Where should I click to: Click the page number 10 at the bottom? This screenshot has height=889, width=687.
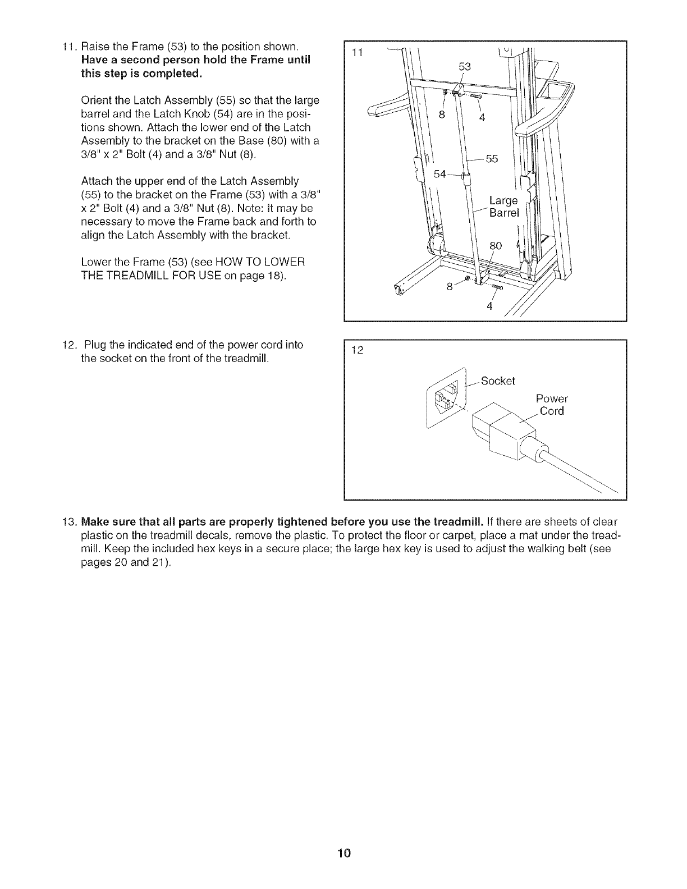pyautogui.click(x=344, y=854)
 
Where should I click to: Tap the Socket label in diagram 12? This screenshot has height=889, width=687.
pyautogui.click(x=498, y=381)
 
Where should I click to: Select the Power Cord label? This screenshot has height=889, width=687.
pyautogui.click(x=551, y=405)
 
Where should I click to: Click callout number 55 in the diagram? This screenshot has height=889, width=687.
pyautogui.click(x=492, y=159)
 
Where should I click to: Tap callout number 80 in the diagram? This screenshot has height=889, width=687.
pyautogui.click(x=496, y=245)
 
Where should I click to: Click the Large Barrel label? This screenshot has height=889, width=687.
pyautogui.click(x=503, y=207)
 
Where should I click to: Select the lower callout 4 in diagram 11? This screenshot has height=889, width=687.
pyautogui.click(x=489, y=305)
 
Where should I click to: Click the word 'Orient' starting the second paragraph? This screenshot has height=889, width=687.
pyautogui.click(x=96, y=101)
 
